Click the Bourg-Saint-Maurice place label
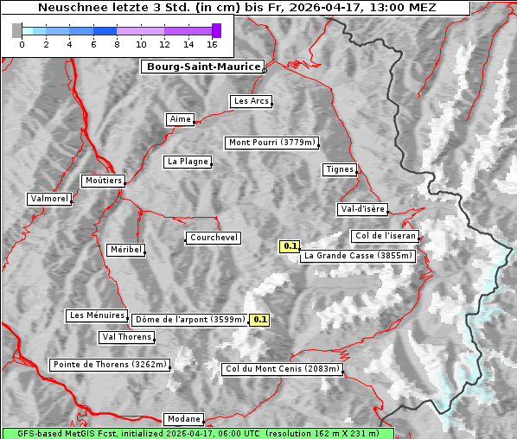click(x=202, y=67)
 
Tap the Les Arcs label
click(x=252, y=101)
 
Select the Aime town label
click(x=180, y=119)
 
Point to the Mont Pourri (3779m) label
click(x=271, y=143)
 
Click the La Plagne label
click(x=187, y=162)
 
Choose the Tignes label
click(x=340, y=169)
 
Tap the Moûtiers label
click(x=103, y=181)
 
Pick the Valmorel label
click(x=49, y=199)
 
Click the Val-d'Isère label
click(x=362, y=209)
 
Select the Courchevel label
click(x=214, y=238)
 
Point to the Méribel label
click(x=125, y=250)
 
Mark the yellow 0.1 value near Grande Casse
click(x=290, y=246)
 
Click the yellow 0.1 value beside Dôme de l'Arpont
click(x=259, y=320)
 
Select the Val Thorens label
click(x=127, y=337)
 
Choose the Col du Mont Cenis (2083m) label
click(x=283, y=369)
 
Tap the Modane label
click(x=183, y=419)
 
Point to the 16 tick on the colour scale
click(x=212, y=44)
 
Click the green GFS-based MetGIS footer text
click(x=197, y=433)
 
